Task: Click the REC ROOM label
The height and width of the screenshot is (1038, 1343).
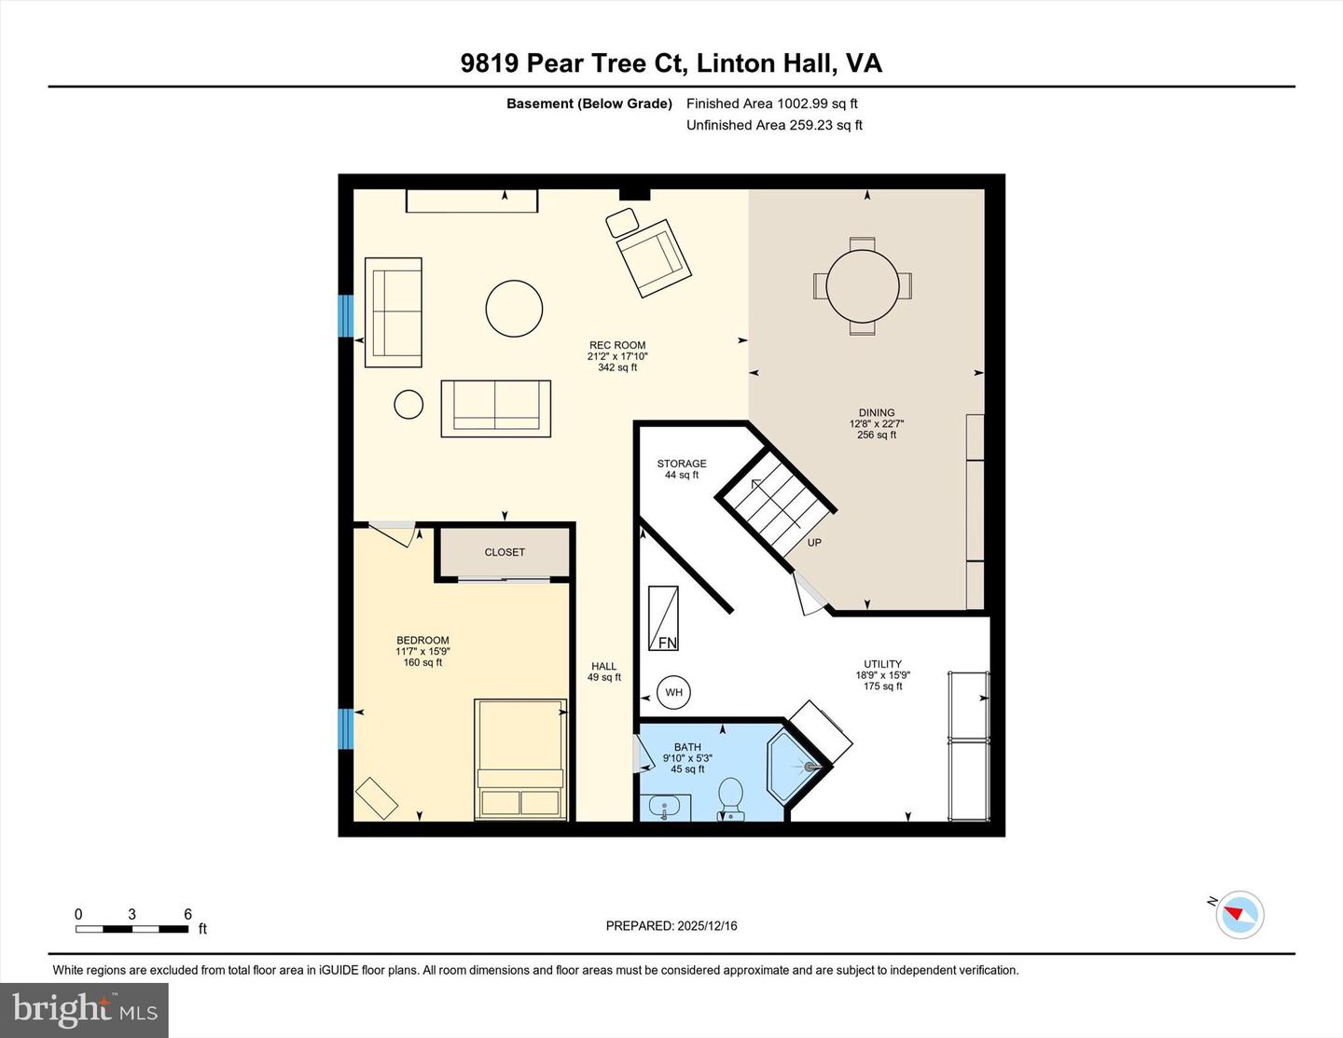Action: pyautogui.click(x=616, y=346)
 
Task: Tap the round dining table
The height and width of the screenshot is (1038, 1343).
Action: pyautogui.click(x=863, y=285)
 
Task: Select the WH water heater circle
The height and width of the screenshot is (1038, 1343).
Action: pyautogui.click(x=673, y=692)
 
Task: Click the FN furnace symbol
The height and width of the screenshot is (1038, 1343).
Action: pyautogui.click(x=664, y=618)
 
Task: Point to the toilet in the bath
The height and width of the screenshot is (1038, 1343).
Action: pyautogui.click(x=730, y=797)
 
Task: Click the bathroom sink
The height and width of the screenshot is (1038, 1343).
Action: pyautogui.click(x=665, y=806)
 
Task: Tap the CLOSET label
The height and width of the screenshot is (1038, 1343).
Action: pyautogui.click(x=505, y=552)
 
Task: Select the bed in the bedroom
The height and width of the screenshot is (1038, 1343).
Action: pyautogui.click(x=520, y=758)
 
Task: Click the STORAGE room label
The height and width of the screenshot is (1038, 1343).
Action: pyautogui.click(x=682, y=464)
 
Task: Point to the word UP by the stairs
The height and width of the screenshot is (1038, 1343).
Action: pyautogui.click(x=814, y=543)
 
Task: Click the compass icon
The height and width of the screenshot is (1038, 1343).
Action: pyautogui.click(x=1239, y=914)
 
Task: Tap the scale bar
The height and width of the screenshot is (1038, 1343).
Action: pyautogui.click(x=132, y=929)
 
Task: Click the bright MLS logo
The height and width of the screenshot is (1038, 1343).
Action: pyautogui.click(x=85, y=1009)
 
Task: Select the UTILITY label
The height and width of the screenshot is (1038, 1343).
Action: pyautogui.click(x=882, y=665)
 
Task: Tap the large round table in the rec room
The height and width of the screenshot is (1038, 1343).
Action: pyautogui.click(x=514, y=309)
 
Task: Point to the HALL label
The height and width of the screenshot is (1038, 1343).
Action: pyautogui.click(x=603, y=666)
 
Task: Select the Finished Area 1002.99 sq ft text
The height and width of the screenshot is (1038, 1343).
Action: pyautogui.click(x=771, y=104)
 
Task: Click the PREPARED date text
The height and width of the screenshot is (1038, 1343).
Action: pyautogui.click(x=671, y=926)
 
